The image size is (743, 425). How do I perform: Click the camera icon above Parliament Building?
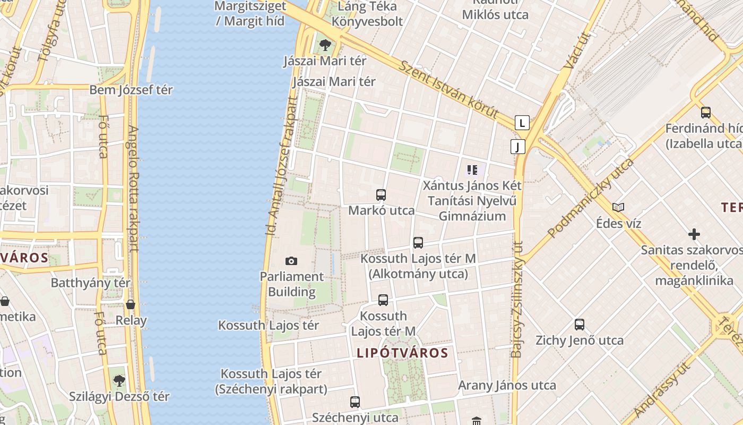[x=291, y=261]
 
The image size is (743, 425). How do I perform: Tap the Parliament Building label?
[x=291, y=284]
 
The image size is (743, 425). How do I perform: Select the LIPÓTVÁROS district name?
[x=402, y=353]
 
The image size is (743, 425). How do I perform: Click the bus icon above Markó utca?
[x=381, y=195]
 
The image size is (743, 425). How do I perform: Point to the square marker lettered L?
[x=522, y=123]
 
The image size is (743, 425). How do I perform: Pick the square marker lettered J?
[x=517, y=147]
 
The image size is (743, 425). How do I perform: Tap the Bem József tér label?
[x=131, y=90]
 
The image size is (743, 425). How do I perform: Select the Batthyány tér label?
[x=90, y=283]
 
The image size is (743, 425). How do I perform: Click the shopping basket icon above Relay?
[x=131, y=305]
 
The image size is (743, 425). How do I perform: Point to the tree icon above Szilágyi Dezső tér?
[x=119, y=380]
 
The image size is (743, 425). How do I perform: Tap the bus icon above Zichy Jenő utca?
[x=579, y=325]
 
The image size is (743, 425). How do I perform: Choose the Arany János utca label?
[x=507, y=385]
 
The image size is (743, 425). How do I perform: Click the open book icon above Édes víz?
[x=618, y=207]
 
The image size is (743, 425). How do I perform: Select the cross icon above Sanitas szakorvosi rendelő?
[x=694, y=234]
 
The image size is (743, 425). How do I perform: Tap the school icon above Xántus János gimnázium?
[x=472, y=170]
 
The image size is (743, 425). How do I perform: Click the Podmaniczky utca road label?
[x=591, y=198]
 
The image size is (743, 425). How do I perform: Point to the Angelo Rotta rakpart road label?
[x=133, y=189]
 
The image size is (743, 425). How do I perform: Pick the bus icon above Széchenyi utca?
[x=355, y=402]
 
